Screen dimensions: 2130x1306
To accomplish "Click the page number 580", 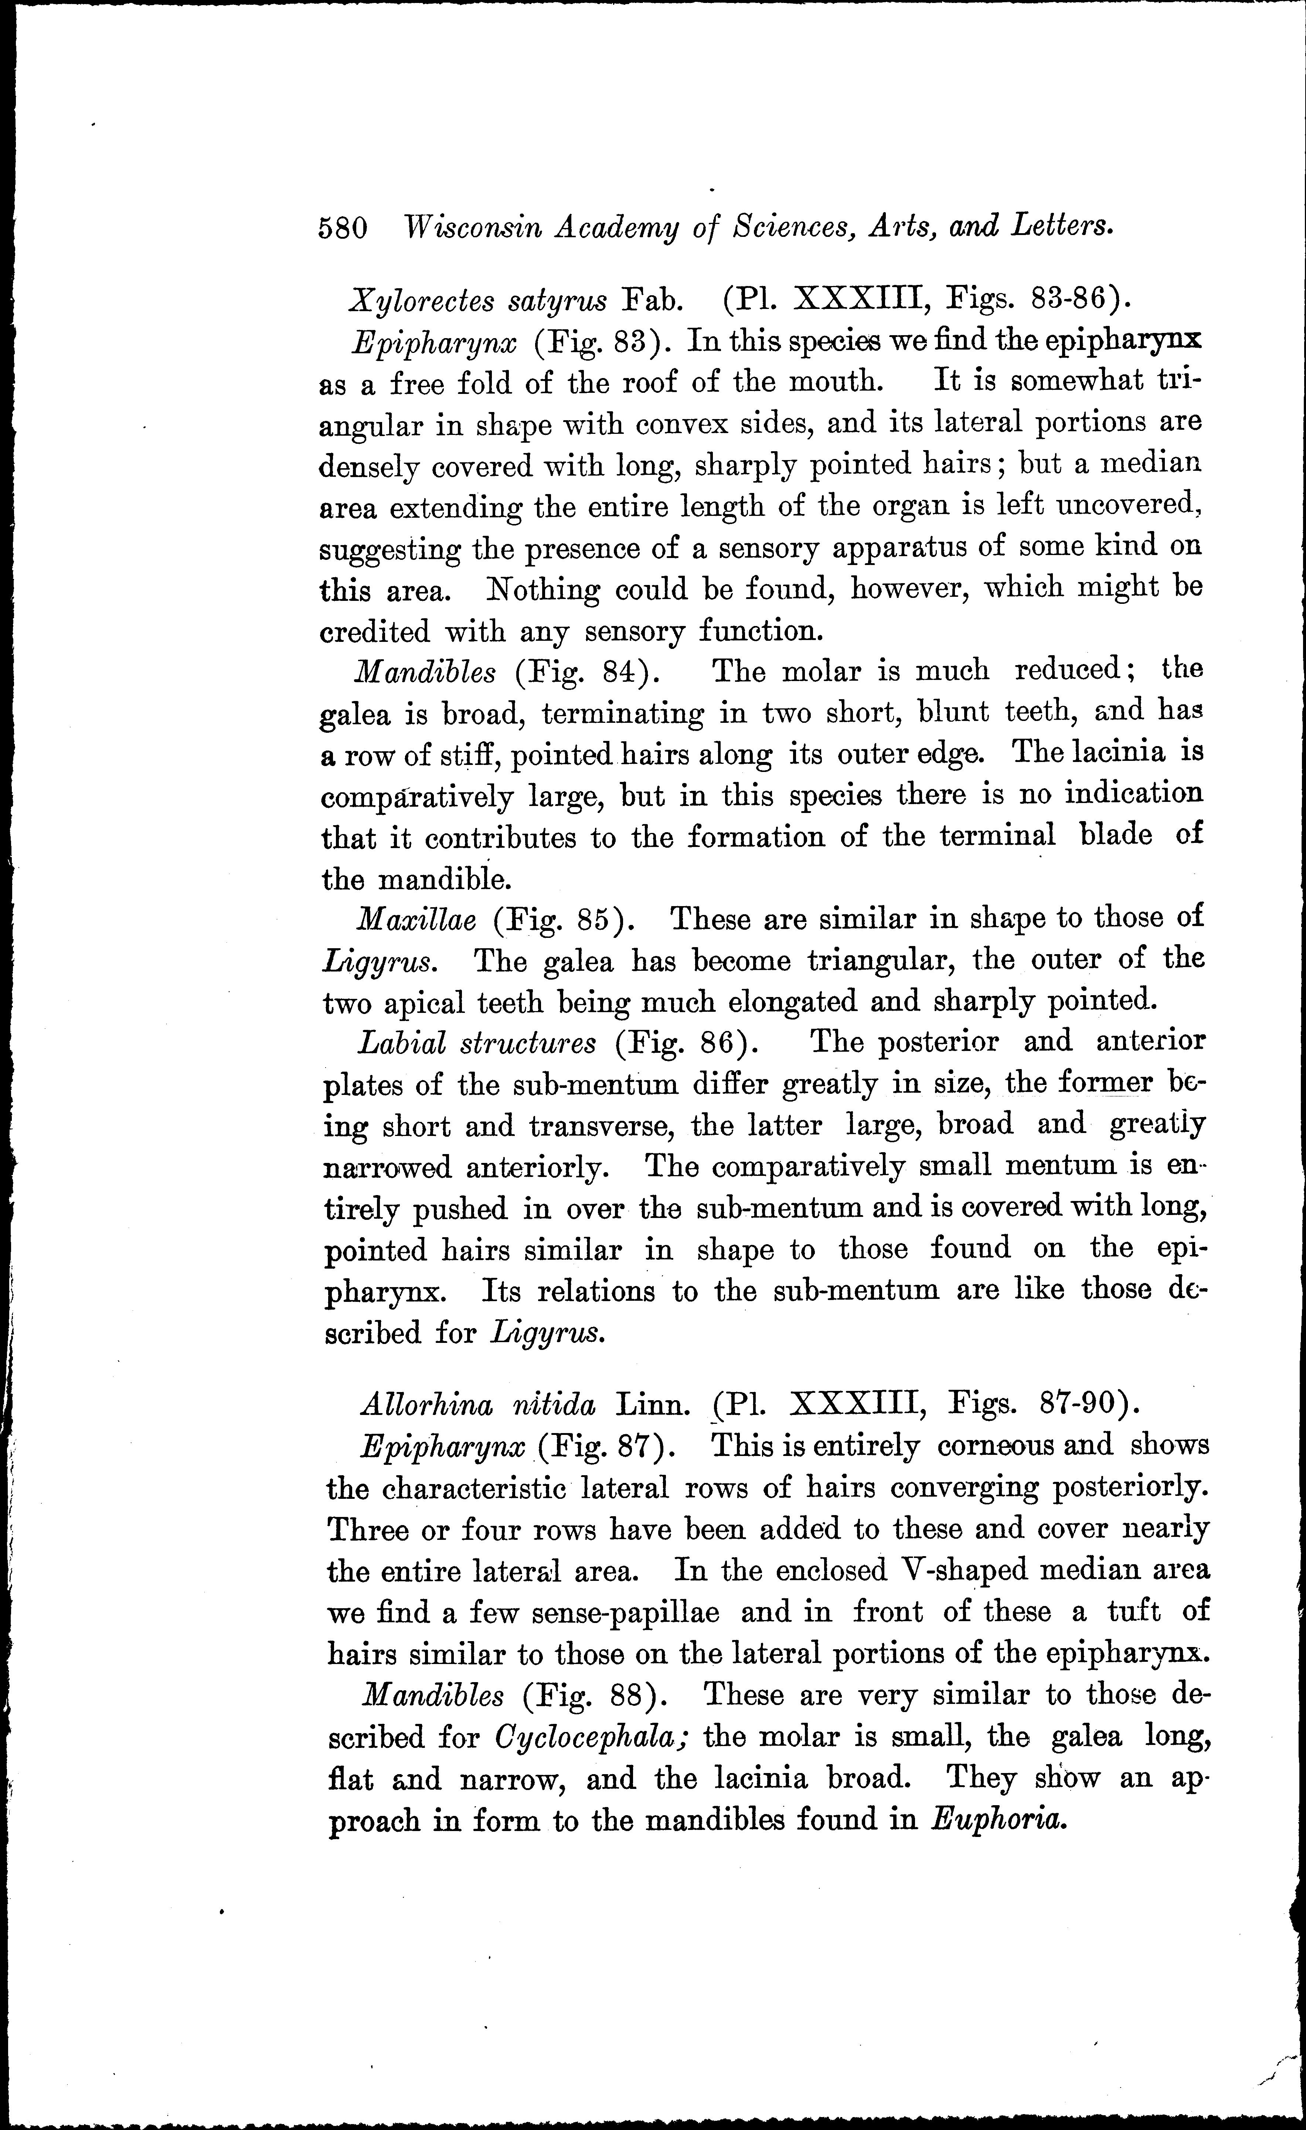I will (343, 228).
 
